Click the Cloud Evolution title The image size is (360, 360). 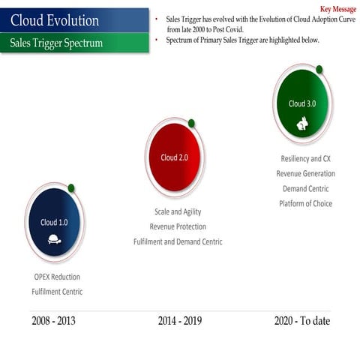55,20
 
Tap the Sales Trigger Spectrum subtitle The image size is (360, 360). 57,43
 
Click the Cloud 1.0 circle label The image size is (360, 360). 54,222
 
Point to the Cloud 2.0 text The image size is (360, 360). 175,157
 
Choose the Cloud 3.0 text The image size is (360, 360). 301,103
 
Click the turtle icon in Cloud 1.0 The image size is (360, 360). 54,240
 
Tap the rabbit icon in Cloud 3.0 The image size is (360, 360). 301,124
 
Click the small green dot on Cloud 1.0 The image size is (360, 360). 71,187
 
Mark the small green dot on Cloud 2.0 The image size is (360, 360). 191,123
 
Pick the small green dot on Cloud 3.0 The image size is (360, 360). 319,70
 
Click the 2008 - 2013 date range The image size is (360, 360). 53,321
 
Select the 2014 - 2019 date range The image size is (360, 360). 179,321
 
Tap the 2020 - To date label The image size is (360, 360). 301,321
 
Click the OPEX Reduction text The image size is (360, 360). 57,277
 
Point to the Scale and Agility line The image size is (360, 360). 178,211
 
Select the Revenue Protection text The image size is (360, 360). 178,226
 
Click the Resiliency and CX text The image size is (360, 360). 305,159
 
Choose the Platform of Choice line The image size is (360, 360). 305,203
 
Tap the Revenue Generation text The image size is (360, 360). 305,174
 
